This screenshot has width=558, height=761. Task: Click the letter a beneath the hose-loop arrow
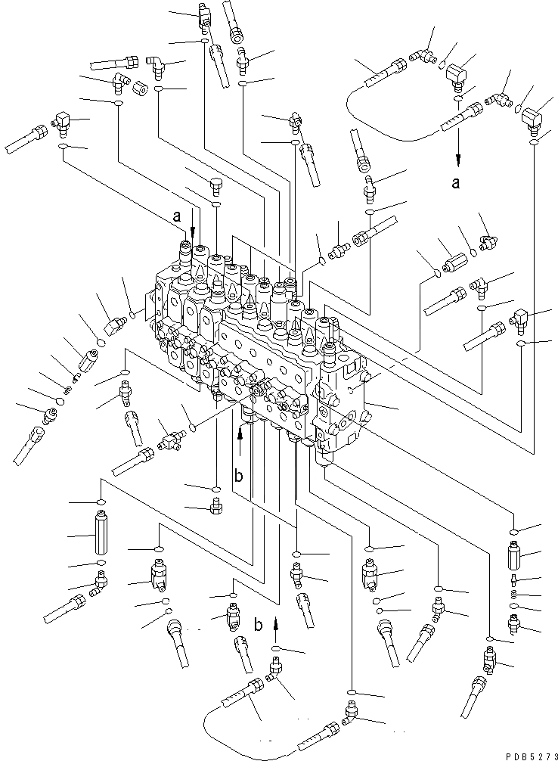pos(455,183)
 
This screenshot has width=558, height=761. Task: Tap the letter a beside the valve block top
pos(177,216)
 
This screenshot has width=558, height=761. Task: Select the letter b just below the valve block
pos(238,476)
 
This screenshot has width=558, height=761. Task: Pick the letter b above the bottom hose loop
pos(259,625)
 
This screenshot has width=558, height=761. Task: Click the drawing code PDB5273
pos(531,756)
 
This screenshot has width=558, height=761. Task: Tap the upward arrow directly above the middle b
pos(240,443)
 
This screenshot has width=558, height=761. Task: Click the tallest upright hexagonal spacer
pos(101,534)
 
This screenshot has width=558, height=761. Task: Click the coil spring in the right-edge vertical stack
pos(514,595)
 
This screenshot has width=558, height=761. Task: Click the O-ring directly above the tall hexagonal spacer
pos(101,502)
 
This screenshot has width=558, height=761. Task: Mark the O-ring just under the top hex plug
pos(216,203)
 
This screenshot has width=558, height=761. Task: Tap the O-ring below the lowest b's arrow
pos(276,649)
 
